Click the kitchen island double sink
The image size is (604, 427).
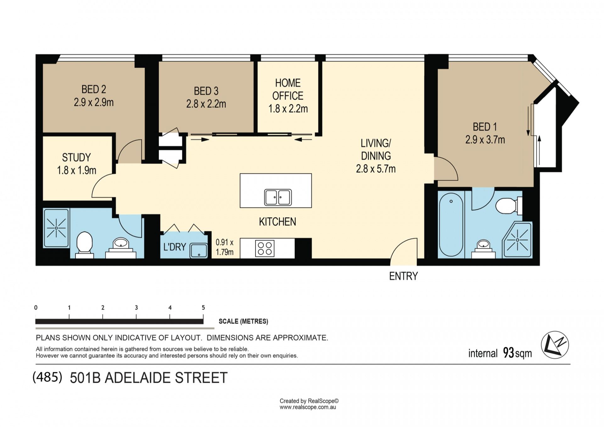tap(278, 197)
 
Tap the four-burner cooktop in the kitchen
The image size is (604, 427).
tap(265, 249)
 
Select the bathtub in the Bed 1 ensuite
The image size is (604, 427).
tap(451, 225)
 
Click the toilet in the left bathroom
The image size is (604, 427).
tap(85, 244)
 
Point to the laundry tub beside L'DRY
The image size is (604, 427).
tap(199, 251)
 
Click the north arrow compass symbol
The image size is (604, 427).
tap(555, 345)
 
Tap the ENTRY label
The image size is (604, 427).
tap(403, 276)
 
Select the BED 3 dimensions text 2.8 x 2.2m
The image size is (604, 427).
tap(206, 104)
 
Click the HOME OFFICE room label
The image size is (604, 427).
tap(288, 89)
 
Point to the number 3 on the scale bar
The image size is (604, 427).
tap(136, 308)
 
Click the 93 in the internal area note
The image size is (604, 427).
tap(508, 353)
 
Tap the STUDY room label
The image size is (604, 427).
tap(76, 157)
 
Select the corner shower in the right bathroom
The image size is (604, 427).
tap(517, 240)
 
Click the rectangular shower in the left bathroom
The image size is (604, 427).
tap(56, 228)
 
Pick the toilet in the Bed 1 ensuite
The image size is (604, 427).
tap(509, 206)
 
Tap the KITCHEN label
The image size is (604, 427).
tap(277, 222)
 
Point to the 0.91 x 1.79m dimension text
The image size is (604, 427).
tap(225, 247)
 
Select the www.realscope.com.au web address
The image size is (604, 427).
tap(308, 407)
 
